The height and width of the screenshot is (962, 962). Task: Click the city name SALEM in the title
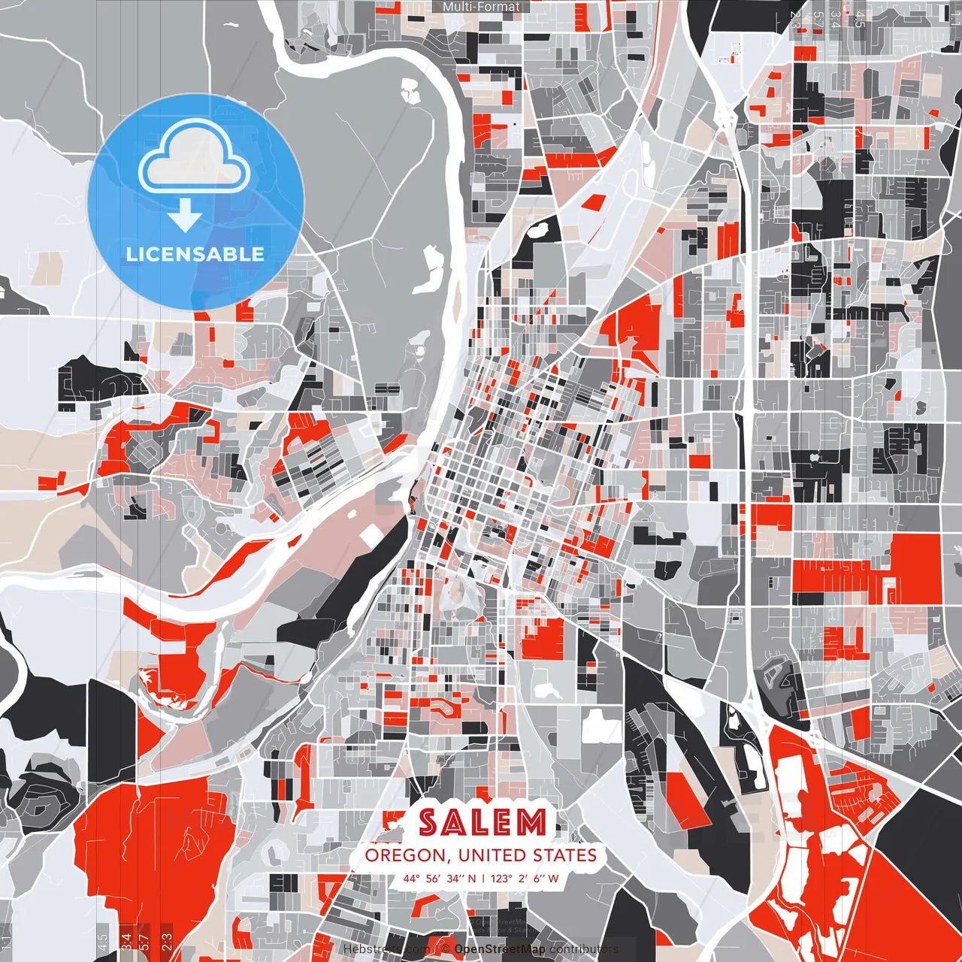482,823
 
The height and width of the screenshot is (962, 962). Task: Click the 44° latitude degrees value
411,878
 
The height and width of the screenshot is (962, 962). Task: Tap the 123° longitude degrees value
503,878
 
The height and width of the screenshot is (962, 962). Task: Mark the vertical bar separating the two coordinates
485,878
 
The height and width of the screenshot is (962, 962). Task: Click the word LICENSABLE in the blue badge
195,254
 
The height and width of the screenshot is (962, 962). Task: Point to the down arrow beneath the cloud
185,216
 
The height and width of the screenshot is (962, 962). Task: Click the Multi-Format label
481,7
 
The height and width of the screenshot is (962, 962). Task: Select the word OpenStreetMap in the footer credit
499,949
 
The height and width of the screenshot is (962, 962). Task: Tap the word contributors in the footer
583,949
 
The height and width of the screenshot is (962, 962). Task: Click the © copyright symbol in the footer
445,949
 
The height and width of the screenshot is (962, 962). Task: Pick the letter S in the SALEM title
428,823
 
